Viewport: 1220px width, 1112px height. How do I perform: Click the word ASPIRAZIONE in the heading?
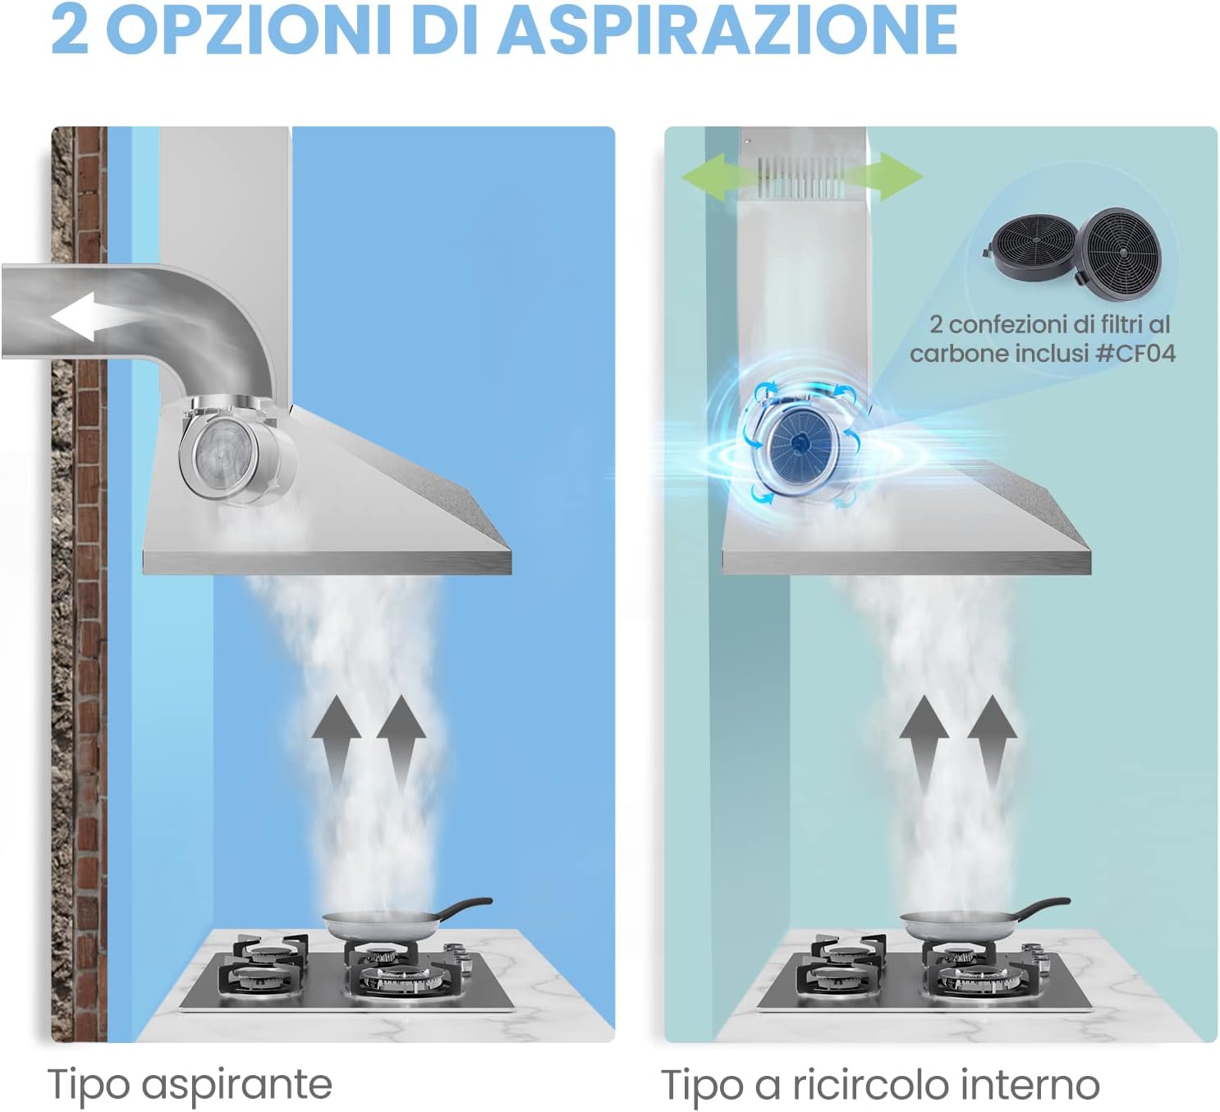pyautogui.click(x=728, y=30)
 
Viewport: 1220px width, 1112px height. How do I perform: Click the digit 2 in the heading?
pyautogui.click(x=69, y=30)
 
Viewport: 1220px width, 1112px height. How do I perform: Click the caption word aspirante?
pyautogui.click(x=236, y=1085)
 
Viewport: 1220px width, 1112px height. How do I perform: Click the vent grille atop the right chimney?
pyautogui.click(x=800, y=177)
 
